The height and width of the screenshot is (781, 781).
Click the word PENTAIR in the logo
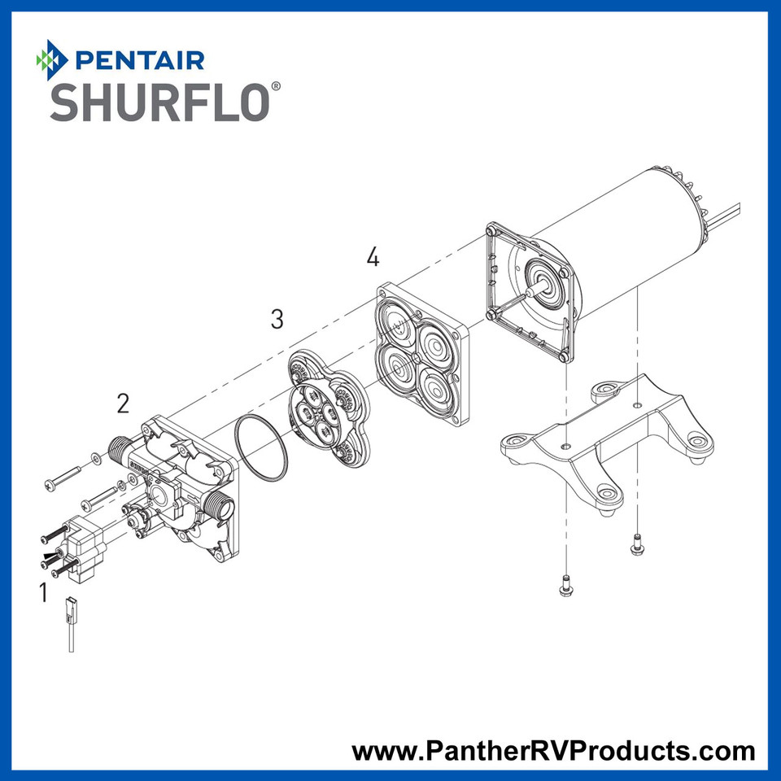point(138,59)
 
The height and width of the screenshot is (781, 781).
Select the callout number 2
point(123,402)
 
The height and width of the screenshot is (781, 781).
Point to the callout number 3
point(277,319)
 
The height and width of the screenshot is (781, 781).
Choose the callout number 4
point(373,258)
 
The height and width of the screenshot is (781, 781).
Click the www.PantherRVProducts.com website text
point(553,750)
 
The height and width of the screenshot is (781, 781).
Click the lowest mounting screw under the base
point(562,584)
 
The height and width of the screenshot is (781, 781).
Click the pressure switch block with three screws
point(84,544)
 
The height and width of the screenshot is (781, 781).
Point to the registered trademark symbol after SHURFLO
point(277,85)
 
